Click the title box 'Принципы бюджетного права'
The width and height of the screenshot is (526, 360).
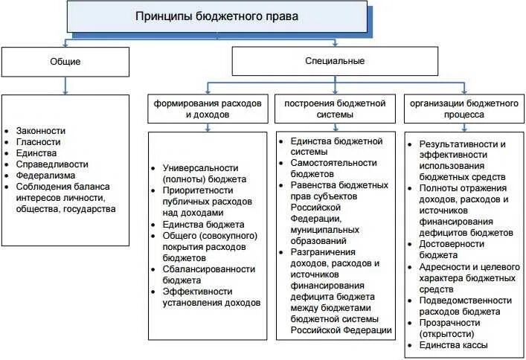coord(217,16)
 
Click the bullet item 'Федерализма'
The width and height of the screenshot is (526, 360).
coord(45,176)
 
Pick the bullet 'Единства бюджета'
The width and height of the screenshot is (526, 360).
coord(203,224)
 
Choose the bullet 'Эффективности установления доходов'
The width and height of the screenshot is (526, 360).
coord(211,297)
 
